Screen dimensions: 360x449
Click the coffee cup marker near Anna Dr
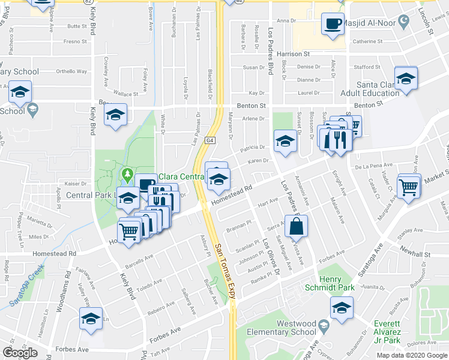[333, 25]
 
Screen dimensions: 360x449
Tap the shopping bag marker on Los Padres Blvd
[297, 227]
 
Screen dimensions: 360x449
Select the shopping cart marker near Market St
[408, 186]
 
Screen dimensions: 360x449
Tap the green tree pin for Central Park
[127, 175]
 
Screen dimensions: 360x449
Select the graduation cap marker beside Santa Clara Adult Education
[406, 78]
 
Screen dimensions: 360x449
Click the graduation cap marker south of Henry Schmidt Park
[342, 308]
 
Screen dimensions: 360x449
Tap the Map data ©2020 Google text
[411, 355]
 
